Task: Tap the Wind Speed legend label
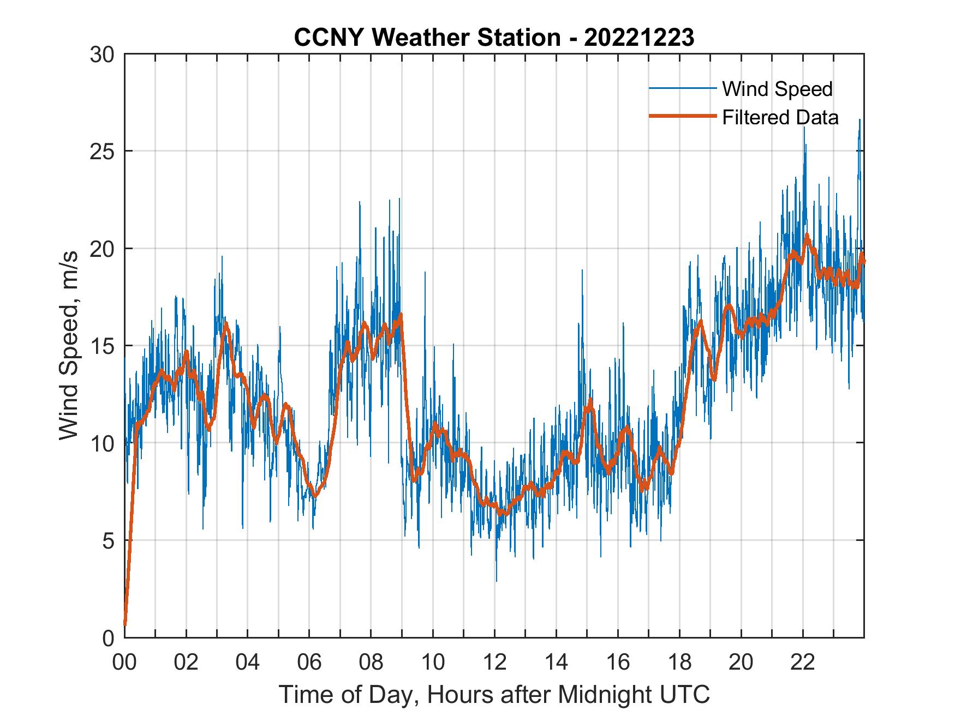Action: click(777, 89)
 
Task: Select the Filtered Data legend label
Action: click(780, 117)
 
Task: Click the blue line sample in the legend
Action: click(682, 89)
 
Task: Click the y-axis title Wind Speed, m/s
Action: click(69, 345)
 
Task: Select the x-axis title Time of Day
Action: click(494, 694)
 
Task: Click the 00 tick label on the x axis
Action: click(124, 662)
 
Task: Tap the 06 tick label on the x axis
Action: click(309, 662)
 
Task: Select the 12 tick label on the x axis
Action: click(494, 662)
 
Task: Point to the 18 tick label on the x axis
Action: click(679, 662)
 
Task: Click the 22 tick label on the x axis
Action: click(803, 662)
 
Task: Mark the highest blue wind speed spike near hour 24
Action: click(859, 120)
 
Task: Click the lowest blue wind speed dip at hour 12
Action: click(496, 581)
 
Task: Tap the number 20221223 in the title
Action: click(639, 38)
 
